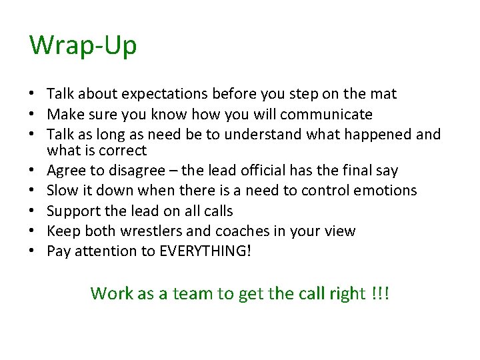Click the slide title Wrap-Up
point(83,46)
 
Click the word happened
point(379,135)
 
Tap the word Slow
point(63,191)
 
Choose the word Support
point(73,211)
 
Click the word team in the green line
point(197,293)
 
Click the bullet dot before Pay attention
point(32,252)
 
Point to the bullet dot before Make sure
point(32,115)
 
